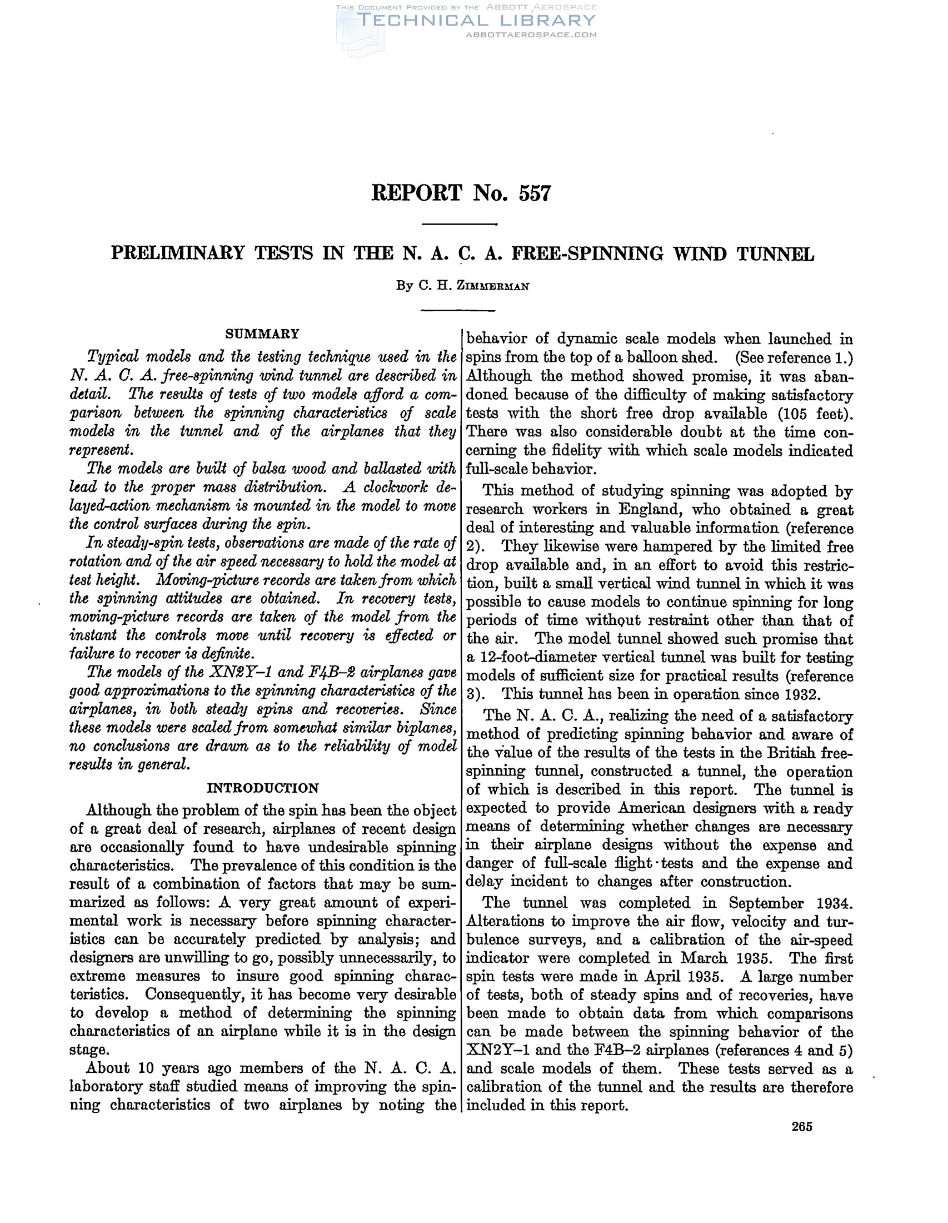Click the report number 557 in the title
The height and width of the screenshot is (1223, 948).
point(535,193)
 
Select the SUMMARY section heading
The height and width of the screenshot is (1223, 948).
point(262,334)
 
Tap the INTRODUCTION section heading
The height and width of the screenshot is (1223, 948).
point(262,788)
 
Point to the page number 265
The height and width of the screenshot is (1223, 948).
point(801,1127)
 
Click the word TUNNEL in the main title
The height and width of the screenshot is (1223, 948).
point(775,253)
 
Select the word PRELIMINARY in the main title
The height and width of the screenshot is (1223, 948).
point(178,253)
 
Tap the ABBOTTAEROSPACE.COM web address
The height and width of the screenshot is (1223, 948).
point(531,34)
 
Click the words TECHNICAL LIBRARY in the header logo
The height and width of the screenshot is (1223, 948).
point(476,21)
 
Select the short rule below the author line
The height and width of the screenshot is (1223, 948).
point(458,310)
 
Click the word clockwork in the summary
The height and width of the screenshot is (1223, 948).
point(395,487)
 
